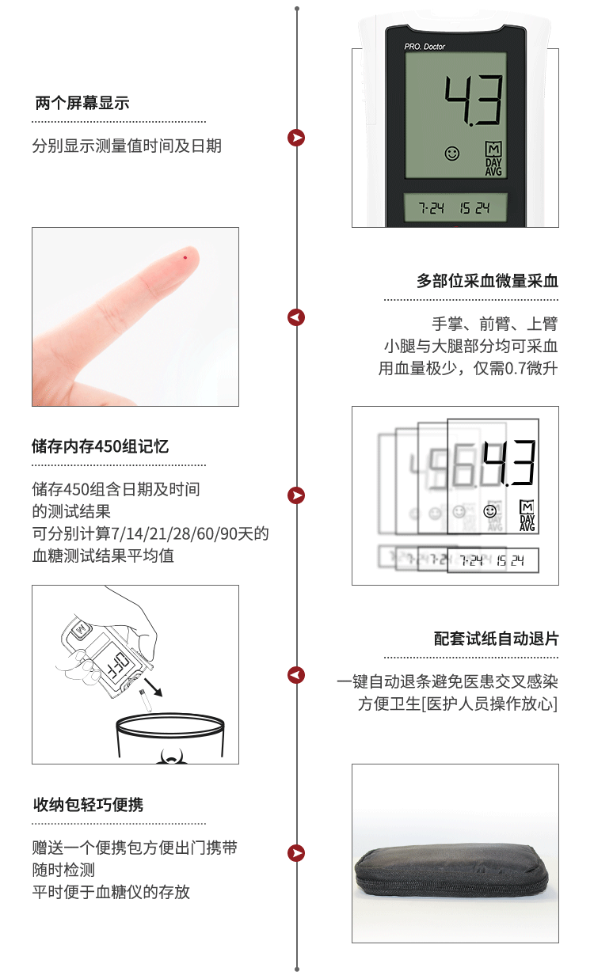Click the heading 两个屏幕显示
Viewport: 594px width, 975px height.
82,103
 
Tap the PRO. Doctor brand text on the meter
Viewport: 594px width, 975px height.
425,46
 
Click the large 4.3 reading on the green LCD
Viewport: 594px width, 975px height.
474,101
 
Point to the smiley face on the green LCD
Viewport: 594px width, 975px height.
452,154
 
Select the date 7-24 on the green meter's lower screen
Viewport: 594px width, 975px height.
431,208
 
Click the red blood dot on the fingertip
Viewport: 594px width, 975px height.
185,258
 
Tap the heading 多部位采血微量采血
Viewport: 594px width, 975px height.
487,281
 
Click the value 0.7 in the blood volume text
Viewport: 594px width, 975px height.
516,369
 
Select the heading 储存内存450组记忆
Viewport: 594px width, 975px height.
100,446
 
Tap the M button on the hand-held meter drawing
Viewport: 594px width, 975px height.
81,629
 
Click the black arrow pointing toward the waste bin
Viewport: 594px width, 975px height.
154,687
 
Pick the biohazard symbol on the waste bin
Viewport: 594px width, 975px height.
172,757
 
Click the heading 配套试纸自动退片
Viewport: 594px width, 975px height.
496,639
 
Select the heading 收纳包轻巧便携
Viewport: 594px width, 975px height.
89,805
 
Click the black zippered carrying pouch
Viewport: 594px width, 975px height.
451,873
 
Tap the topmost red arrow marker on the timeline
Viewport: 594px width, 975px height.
296,138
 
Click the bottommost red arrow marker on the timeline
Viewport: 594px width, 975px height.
296,853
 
